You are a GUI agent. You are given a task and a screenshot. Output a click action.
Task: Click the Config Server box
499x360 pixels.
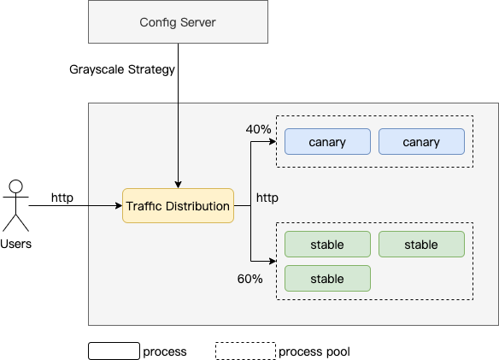[x=178, y=21]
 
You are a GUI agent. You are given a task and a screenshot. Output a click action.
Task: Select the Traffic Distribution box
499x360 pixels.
[x=178, y=205]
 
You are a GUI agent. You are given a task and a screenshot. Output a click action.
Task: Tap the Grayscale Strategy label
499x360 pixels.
[x=122, y=69]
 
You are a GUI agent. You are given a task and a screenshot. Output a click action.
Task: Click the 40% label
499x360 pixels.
[x=258, y=129]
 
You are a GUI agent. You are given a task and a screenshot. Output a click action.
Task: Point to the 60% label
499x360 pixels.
[x=249, y=279]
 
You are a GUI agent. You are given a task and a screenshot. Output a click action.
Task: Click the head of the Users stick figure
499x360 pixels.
[x=16, y=186]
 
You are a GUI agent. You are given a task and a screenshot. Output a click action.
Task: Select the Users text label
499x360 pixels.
[x=16, y=244]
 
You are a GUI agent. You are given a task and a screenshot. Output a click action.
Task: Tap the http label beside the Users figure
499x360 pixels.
[x=62, y=198]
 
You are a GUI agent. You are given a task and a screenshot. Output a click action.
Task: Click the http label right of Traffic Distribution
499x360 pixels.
[x=267, y=198]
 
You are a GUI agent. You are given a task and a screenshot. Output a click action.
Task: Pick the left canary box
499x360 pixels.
[x=327, y=142]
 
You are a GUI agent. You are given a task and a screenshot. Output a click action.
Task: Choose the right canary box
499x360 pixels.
[x=421, y=142]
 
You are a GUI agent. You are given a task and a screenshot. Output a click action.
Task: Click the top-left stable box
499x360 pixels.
[x=327, y=245]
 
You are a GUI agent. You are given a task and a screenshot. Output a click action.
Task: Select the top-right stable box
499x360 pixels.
[x=421, y=245]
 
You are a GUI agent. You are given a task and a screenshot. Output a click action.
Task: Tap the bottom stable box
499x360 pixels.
[x=327, y=279]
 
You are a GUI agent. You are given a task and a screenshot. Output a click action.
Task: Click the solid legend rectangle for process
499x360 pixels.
[x=114, y=351]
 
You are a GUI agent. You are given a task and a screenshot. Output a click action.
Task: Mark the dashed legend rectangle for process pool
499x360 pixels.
[x=246, y=351]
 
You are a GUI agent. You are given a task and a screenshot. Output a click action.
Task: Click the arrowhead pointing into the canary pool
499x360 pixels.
[x=273, y=141]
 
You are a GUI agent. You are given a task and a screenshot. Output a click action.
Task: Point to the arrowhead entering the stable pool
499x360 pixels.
[x=273, y=262]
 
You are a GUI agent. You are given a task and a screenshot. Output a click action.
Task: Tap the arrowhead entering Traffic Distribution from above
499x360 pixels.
[x=179, y=185]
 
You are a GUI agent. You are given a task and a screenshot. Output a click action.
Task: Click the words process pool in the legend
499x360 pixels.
[x=314, y=351]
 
